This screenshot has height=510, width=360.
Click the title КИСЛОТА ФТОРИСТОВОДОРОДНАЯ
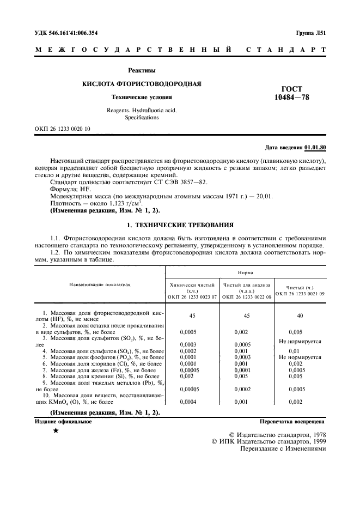click(x=142, y=84)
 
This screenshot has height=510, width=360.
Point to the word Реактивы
click(x=142, y=70)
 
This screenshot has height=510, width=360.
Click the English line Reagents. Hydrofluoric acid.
click(x=142, y=110)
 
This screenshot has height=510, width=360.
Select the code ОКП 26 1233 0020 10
click(x=63, y=129)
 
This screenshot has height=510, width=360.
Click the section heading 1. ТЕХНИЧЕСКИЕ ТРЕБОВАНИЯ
click(x=180, y=224)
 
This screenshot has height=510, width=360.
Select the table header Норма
click(x=246, y=271)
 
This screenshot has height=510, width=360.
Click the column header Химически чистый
click(x=193, y=285)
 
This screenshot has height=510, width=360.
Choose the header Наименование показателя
click(x=100, y=284)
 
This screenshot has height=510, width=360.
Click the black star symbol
click(x=56, y=431)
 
